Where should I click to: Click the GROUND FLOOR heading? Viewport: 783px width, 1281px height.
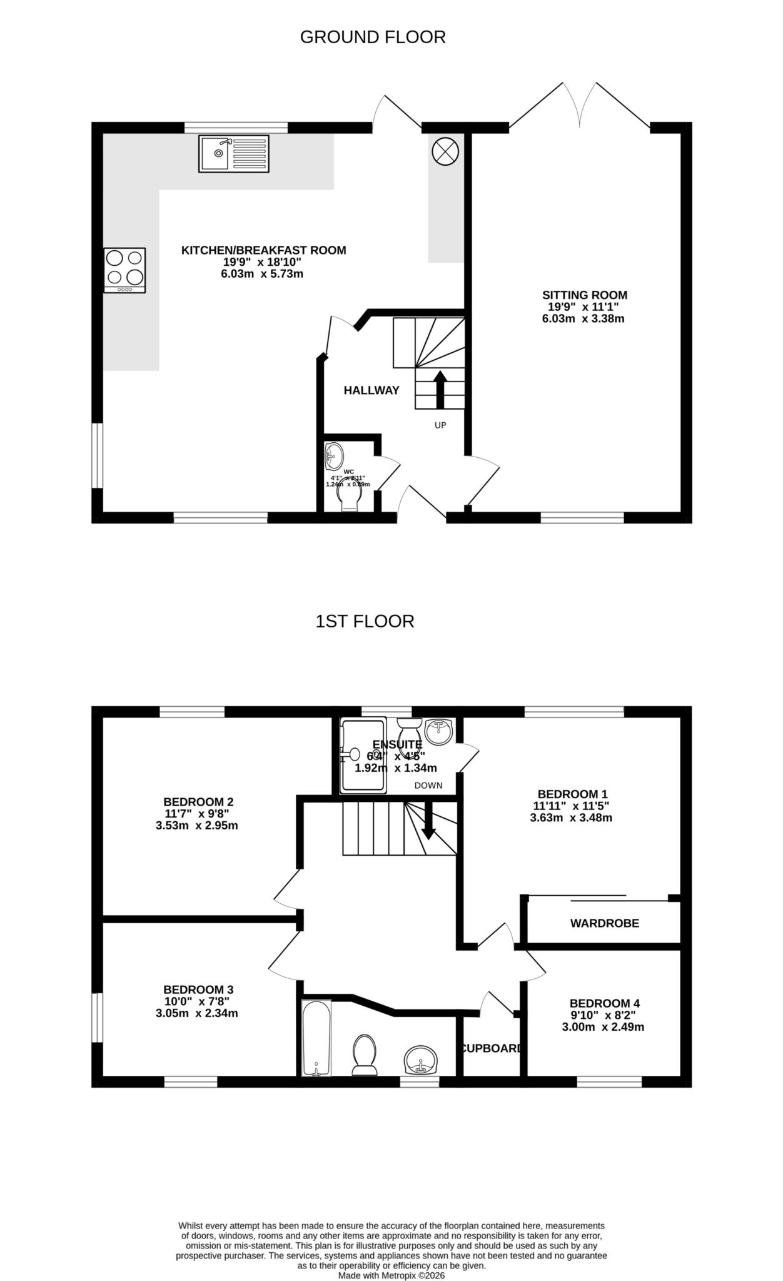373,38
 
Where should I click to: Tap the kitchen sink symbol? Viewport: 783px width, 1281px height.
234,154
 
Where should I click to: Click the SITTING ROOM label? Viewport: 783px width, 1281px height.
584,295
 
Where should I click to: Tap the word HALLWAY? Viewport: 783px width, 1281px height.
371,391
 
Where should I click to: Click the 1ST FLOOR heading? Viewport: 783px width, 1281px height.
365,622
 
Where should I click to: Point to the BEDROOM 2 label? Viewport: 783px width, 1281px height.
198,802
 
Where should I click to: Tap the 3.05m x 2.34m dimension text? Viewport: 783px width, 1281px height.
197,1013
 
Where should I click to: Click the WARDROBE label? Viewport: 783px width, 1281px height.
604,923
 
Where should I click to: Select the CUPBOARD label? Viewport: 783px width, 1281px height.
491,1048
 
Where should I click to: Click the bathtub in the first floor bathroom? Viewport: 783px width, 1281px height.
316,1038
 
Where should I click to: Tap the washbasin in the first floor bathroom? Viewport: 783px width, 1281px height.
422,1060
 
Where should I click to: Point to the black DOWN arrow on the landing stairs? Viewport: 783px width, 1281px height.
429,826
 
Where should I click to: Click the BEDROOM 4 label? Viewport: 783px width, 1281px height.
603,1003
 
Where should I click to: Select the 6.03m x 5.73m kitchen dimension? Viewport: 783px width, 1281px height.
262,274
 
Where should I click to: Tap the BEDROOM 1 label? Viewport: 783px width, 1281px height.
572,794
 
